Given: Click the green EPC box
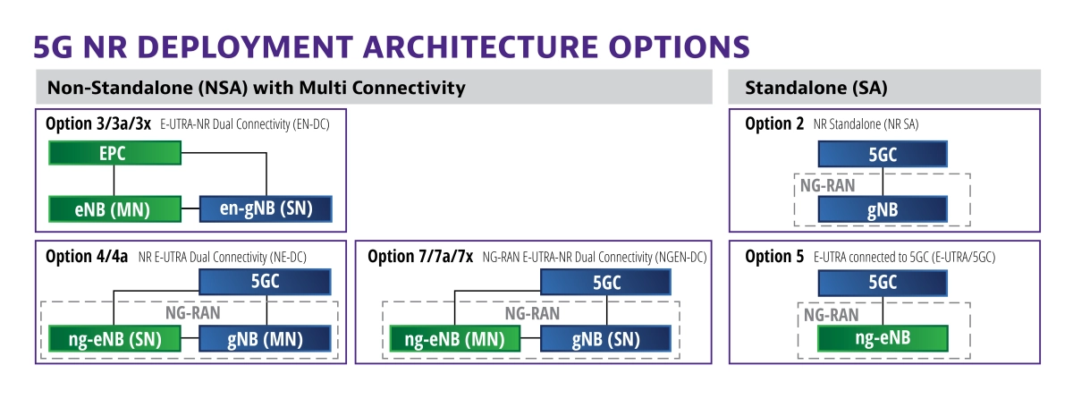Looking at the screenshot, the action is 115,153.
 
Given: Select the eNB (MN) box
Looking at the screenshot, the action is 115,208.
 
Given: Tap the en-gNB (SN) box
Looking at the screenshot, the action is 266,208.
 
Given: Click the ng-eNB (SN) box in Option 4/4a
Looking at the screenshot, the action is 115,339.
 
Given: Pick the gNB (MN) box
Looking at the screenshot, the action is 265,339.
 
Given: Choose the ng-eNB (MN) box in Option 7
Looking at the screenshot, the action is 454,339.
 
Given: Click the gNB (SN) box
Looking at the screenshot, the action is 606,339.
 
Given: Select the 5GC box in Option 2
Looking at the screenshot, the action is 883,154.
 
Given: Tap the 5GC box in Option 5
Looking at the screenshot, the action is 883,283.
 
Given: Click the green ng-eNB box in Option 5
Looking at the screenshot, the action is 883,338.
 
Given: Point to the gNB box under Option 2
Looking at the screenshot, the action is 883,209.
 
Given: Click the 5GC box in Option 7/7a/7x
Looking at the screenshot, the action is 606,282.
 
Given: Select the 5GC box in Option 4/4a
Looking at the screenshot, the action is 265,282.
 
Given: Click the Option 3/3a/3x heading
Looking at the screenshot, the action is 98,123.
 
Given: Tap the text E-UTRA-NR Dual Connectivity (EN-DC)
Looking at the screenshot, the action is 245,124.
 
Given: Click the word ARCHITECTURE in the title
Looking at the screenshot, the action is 480,47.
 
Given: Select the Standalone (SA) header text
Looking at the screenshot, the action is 816,88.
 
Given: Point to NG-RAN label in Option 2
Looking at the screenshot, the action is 828,185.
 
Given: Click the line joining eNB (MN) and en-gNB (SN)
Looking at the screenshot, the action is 190,208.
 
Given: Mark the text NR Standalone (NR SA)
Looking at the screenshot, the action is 866,124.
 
